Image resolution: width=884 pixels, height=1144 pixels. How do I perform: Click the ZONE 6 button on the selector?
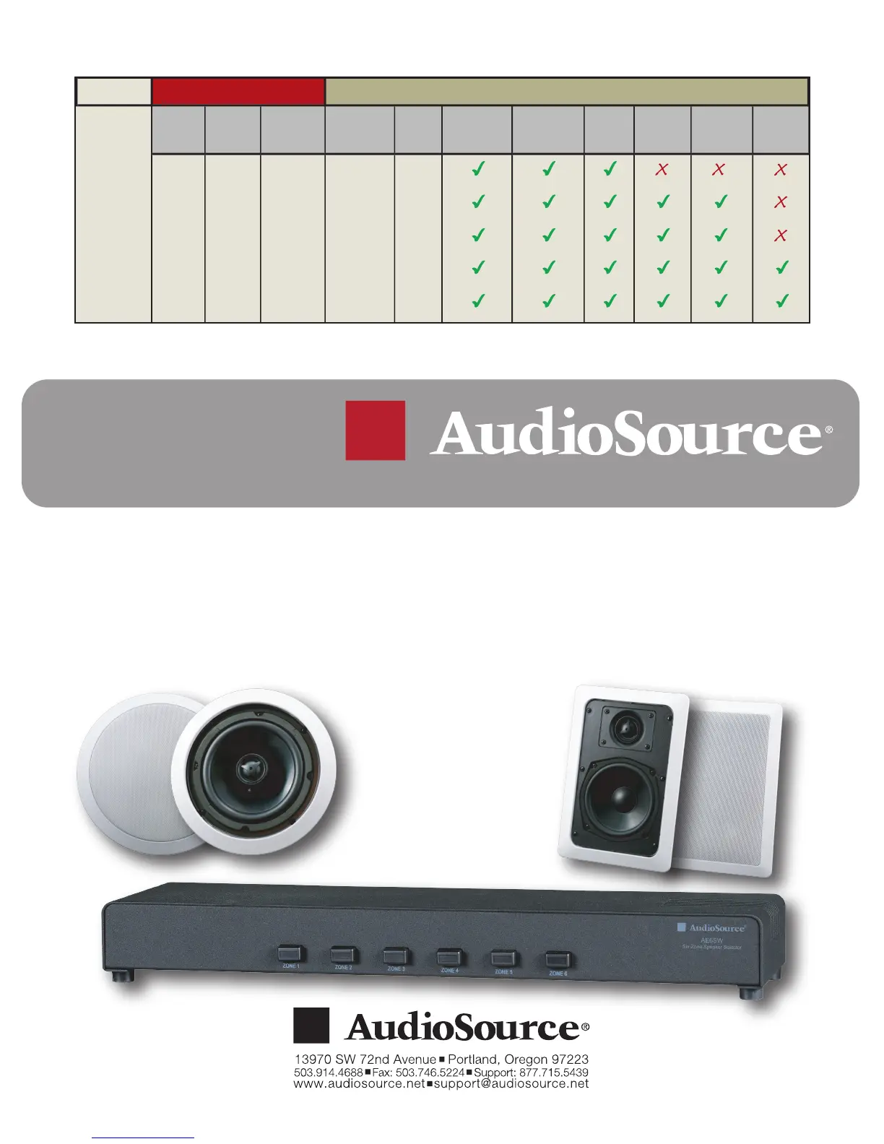point(557,961)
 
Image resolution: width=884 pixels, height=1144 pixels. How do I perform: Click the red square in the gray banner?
point(375,430)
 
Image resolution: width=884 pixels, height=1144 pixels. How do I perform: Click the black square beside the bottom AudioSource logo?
point(311,1026)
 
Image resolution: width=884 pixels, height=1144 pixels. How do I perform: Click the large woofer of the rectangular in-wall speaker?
point(618,799)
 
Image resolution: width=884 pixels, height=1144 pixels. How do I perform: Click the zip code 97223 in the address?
point(570,1059)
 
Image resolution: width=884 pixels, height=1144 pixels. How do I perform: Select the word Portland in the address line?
point(475,1059)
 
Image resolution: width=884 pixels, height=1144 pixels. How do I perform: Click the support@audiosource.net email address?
point(510,1084)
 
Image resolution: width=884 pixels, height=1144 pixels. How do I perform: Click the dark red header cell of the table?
point(238,91)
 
